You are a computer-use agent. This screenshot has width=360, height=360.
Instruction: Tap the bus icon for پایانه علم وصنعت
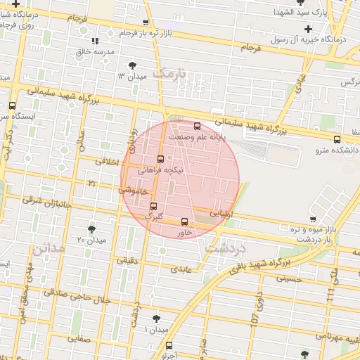(196, 127)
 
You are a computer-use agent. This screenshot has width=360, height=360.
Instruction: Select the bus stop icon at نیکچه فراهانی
(160, 159)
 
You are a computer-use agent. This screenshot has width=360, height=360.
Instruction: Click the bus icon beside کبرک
(154, 206)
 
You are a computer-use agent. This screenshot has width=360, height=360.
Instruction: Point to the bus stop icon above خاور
(185, 221)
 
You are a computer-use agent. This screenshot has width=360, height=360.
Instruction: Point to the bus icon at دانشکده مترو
(337, 139)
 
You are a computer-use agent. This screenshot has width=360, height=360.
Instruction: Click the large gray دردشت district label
(225, 248)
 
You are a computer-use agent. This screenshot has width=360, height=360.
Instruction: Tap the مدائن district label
(48, 247)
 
